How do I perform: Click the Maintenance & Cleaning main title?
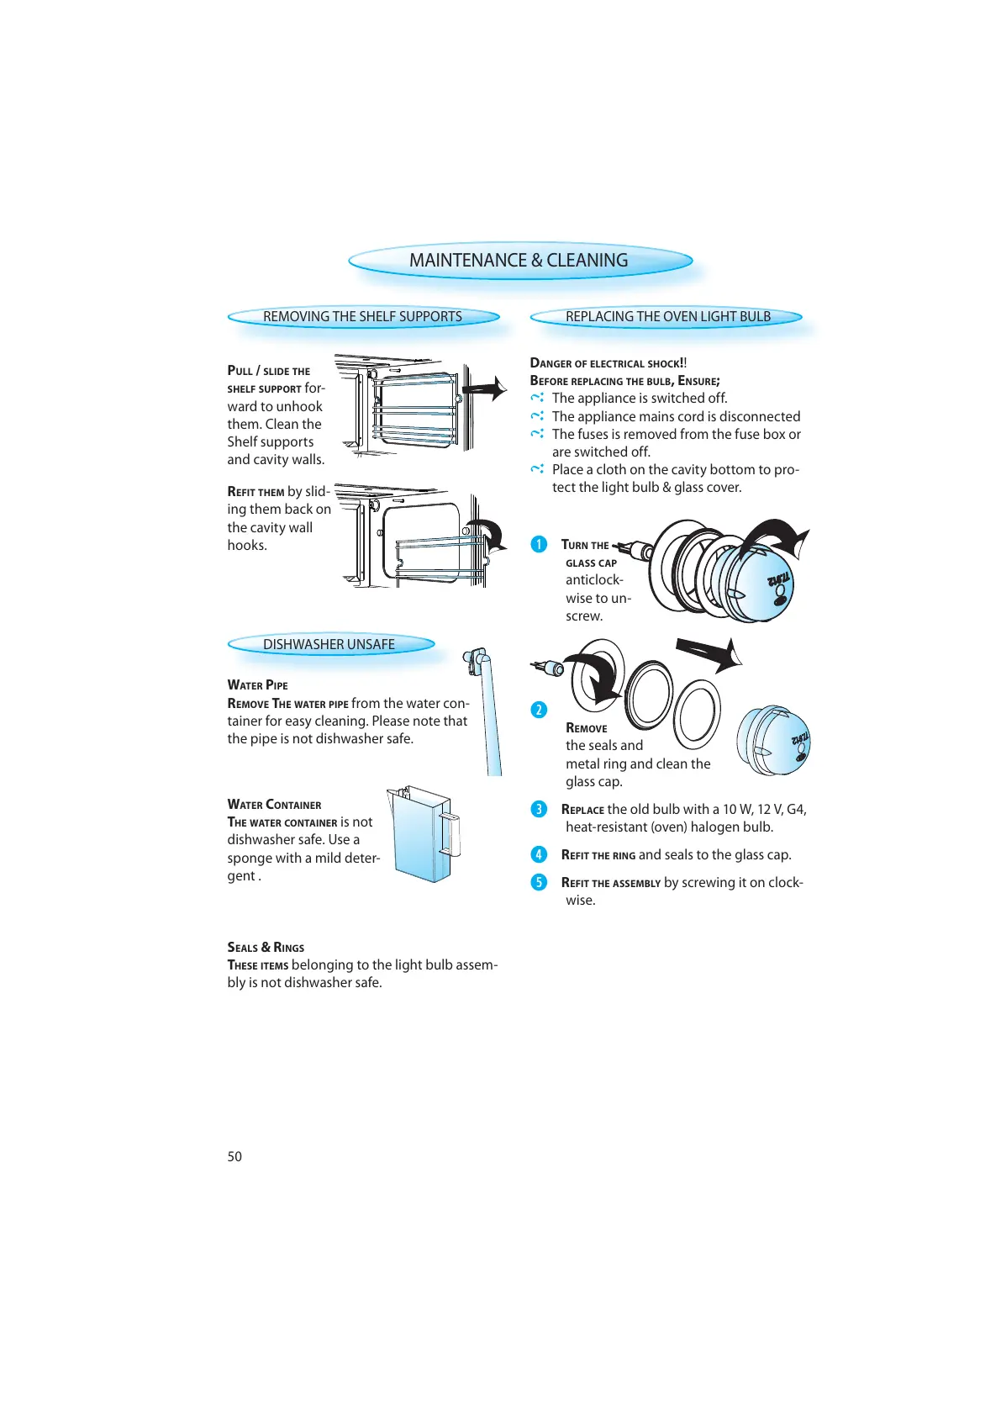pos(519,261)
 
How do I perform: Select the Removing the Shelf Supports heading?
pos(362,317)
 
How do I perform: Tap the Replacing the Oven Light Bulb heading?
pos(667,317)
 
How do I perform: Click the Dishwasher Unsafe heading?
pos(329,645)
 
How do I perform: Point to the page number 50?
pos(234,1156)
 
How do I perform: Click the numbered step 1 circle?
pos(539,545)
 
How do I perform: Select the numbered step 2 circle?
pos(539,710)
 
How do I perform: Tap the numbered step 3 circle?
pos(539,810)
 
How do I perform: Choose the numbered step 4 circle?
pos(539,855)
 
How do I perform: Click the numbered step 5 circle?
pos(539,883)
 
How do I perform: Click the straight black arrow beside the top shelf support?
pos(485,388)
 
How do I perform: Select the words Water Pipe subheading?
pos(257,685)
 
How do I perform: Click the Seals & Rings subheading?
pos(266,948)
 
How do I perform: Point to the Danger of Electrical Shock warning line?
pos(609,363)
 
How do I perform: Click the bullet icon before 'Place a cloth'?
pos(537,469)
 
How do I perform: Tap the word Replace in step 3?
pos(582,810)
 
